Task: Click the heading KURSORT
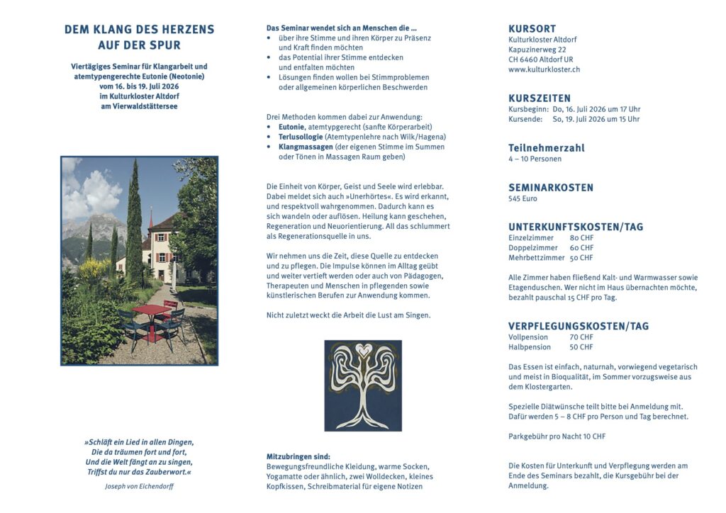click(x=532, y=29)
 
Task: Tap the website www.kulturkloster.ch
click(x=544, y=69)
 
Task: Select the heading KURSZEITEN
click(x=539, y=98)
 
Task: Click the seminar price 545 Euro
click(x=523, y=199)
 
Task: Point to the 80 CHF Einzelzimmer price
click(x=581, y=238)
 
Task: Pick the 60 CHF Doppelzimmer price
click(x=581, y=248)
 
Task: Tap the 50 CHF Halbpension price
click(x=581, y=347)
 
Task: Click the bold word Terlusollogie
click(x=303, y=137)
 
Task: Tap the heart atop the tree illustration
click(x=363, y=349)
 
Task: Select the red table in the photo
click(x=151, y=310)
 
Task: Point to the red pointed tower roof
click(x=151, y=217)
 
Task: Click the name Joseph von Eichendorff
click(x=139, y=487)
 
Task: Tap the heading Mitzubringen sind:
click(x=298, y=456)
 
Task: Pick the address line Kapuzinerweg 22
click(x=537, y=50)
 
